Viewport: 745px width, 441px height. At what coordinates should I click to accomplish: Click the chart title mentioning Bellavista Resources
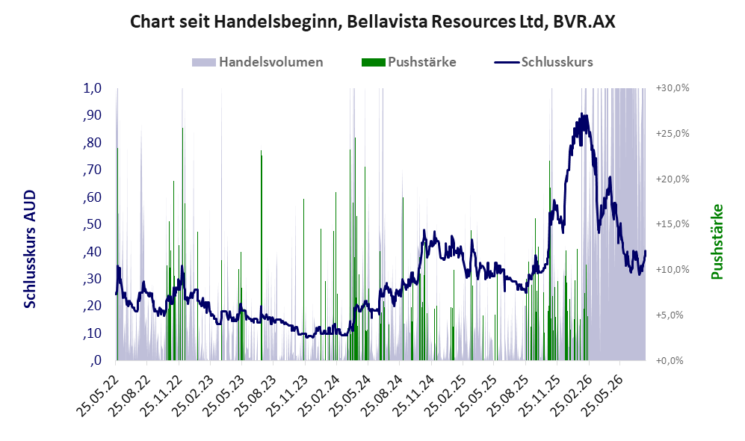[372, 22]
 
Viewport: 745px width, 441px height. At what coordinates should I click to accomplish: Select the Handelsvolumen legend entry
[258, 62]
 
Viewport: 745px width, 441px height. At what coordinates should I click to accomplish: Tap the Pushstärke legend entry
[409, 62]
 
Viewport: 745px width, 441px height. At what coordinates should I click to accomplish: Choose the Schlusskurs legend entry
[543, 62]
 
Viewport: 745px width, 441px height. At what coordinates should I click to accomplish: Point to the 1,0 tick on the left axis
[92, 88]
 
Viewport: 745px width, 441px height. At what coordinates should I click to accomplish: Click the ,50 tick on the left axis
[92, 224]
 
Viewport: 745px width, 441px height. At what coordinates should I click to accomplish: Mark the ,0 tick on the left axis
[95, 360]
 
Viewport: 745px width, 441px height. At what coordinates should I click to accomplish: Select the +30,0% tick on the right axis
[673, 88]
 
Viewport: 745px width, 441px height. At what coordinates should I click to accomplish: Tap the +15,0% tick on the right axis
[673, 223]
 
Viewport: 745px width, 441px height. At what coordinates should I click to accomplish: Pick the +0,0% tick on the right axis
[670, 360]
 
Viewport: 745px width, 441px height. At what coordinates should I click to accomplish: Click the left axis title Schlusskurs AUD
[29, 249]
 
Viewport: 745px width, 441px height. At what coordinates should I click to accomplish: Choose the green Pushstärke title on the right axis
[717, 241]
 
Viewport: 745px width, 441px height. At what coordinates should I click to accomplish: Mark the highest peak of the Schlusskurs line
[581, 114]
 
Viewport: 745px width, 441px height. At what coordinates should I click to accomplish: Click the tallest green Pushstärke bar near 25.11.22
[183, 244]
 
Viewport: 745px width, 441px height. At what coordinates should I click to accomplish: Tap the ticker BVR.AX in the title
[584, 22]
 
